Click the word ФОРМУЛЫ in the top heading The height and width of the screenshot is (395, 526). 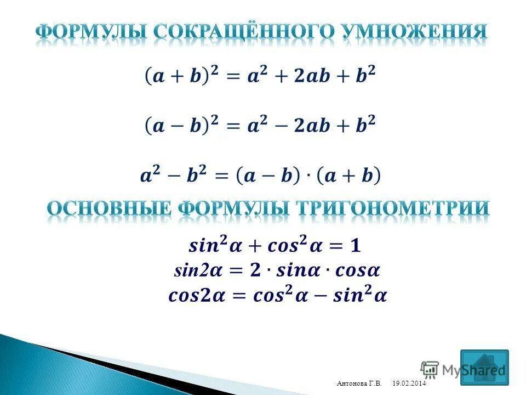coord(91,32)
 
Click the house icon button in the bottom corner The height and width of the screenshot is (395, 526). coord(484,367)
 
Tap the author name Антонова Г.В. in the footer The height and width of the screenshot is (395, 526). coord(359,383)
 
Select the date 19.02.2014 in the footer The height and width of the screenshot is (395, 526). coord(409,383)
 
